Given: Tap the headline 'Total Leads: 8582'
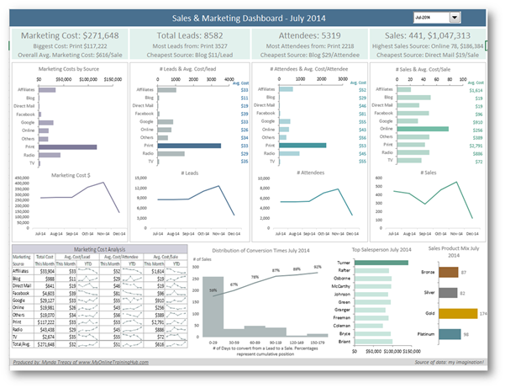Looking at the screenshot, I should tap(190, 35).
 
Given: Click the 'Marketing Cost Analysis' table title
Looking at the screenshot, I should tap(97, 248).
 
